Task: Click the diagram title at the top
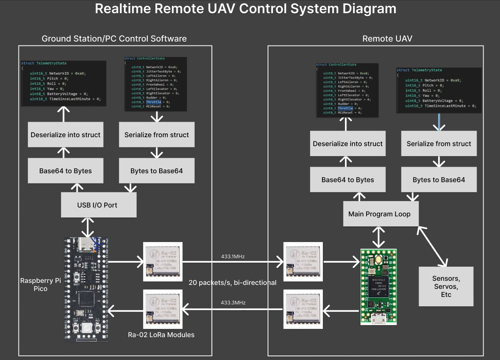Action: pos(245,9)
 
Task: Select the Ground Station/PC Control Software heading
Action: pos(114,39)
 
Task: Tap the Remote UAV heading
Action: pos(387,39)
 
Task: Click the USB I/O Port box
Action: pos(98,205)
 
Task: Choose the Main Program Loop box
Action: pos(379,214)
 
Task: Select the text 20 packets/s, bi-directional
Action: pos(232,283)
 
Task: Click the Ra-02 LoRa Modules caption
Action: pos(161,335)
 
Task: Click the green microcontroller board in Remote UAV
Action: pos(378,287)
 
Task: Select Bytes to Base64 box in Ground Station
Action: pos(156,171)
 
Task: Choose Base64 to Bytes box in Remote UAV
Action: pos(347,180)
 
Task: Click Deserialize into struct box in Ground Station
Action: pos(65,135)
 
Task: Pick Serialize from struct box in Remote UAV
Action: pos(439,144)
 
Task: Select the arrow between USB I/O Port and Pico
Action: pos(88,228)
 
